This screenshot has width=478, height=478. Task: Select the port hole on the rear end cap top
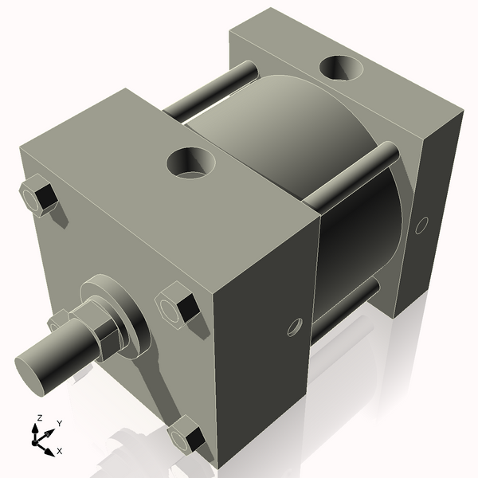(341, 70)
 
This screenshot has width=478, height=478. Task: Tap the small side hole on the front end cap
(295, 327)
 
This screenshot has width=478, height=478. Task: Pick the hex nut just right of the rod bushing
(177, 306)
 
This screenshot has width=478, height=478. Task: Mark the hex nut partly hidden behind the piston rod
(57, 322)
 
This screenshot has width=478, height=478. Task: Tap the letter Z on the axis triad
(39, 417)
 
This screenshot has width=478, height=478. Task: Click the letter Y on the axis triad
(59, 423)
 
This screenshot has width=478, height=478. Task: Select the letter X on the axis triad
(59, 451)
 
